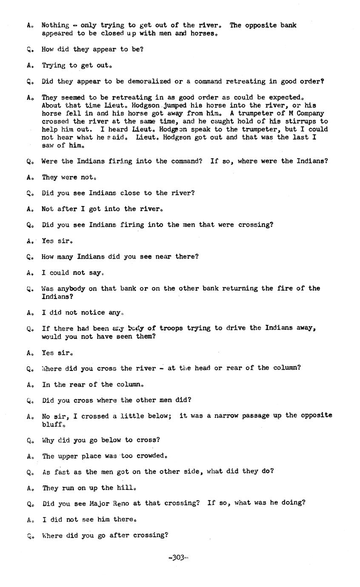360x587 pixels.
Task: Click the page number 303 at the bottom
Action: click(178, 558)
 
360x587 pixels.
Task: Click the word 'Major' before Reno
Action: click(100, 503)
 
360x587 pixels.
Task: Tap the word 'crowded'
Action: click(151, 456)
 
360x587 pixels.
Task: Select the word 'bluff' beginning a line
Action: click(52, 424)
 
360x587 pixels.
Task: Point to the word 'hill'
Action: click(127, 488)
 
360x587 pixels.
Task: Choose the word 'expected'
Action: click(284, 97)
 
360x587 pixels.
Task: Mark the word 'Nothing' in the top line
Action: click(55, 25)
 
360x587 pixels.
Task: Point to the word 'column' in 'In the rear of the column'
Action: click(129, 385)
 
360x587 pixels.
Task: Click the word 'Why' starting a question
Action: click(48, 440)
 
